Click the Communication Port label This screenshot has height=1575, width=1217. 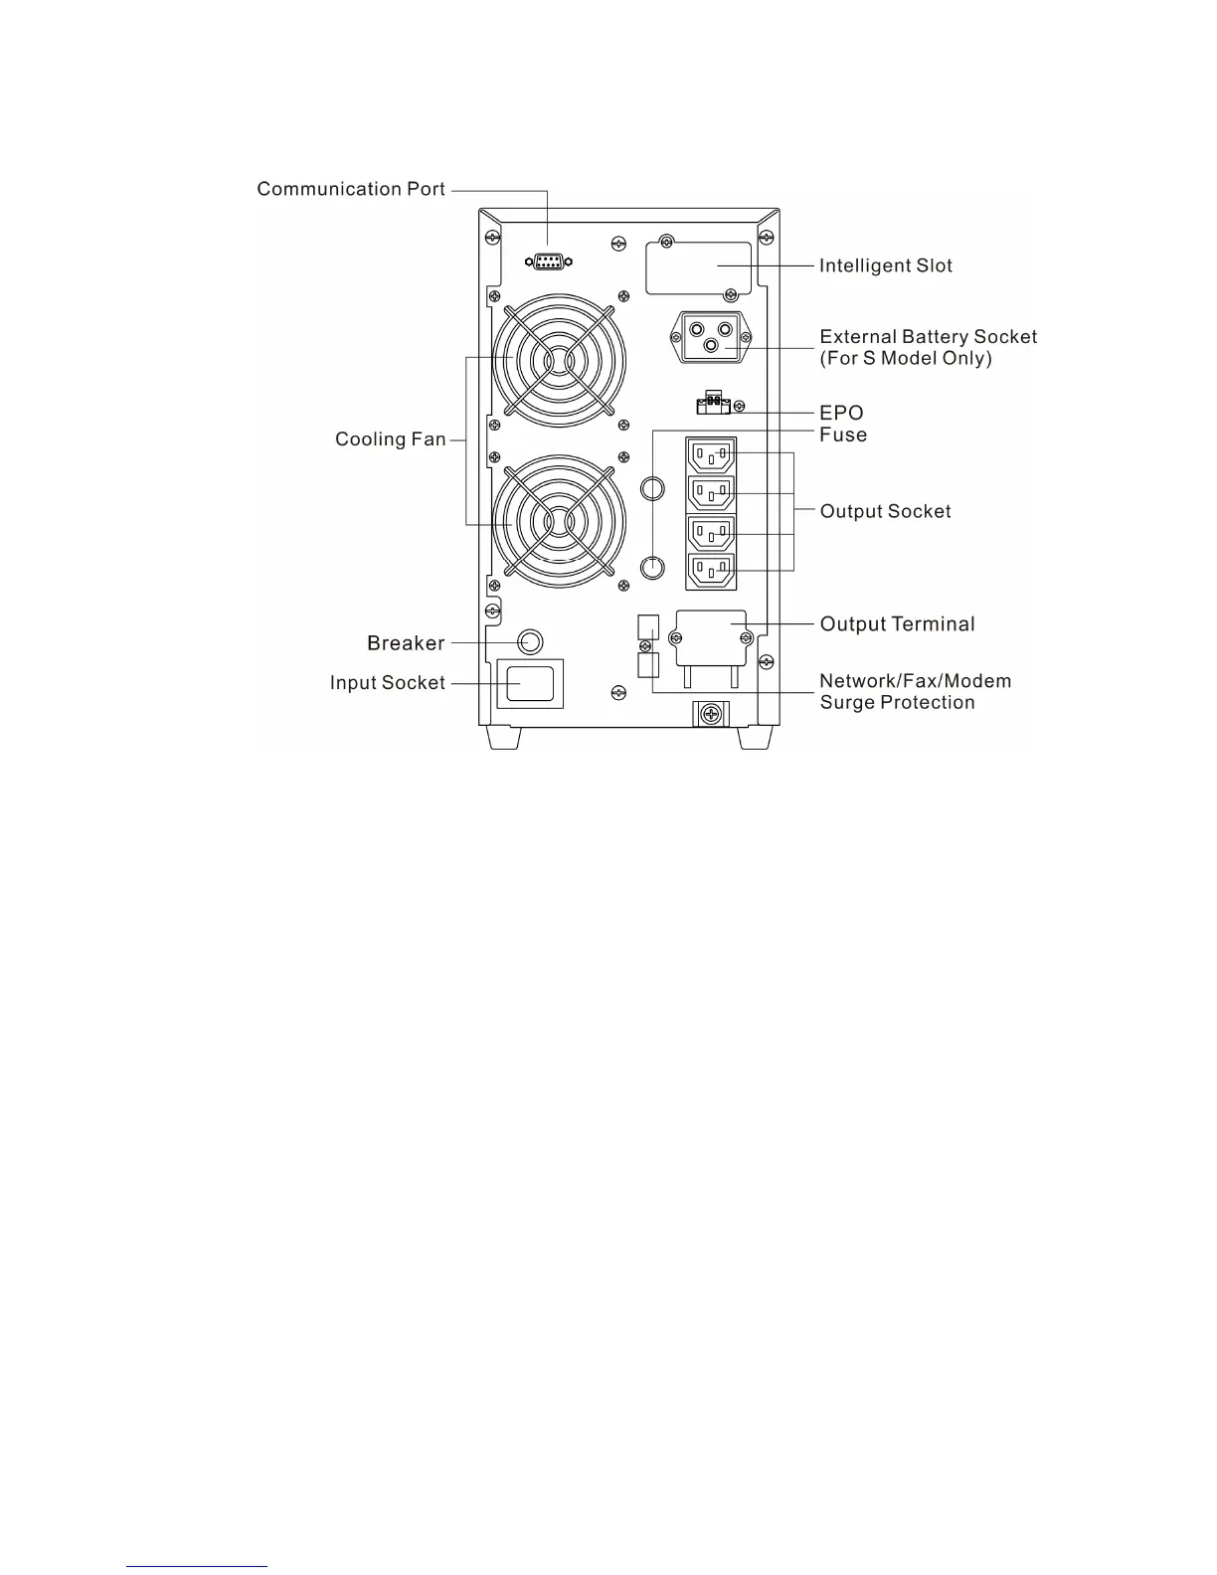click(x=351, y=189)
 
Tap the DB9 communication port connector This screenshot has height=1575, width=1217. click(x=548, y=262)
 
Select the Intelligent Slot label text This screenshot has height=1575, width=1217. click(x=885, y=265)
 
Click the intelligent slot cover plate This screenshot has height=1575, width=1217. click(x=698, y=268)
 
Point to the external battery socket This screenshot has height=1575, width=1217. click(x=712, y=336)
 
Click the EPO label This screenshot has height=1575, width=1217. click(x=841, y=413)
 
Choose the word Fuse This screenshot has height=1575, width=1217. click(x=843, y=435)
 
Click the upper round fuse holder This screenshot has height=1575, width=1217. click(x=651, y=488)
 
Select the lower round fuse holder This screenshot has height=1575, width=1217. click(x=651, y=567)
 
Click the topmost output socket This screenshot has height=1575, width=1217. click(x=711, y=457)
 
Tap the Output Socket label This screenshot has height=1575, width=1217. click(x=885, y=511)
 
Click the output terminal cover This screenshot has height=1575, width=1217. click(x=710, y=637)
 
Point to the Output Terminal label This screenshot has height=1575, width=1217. click(x=897, y=623)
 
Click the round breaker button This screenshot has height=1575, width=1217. click(x=531, y=642)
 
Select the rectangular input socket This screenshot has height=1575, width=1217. click(x=530, y=684)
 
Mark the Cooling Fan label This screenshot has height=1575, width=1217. click(x=390, y=439)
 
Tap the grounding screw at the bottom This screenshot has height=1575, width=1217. click(x=709, y=714)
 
